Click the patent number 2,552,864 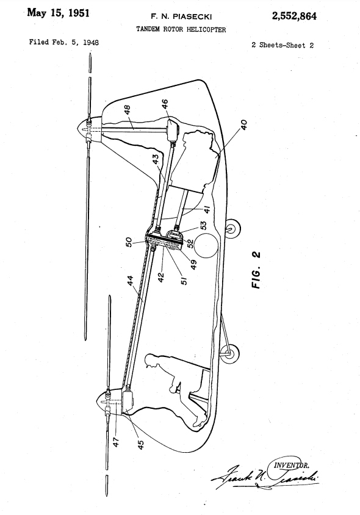click(294, 16)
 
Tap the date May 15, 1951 click(58, 13)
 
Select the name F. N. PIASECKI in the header click(181, 16)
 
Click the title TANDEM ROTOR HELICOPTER click(181, 29)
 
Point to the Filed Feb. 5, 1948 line click(63, 42)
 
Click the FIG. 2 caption click(256, 270)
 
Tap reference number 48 click(128, 109)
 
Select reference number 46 click(165, 104)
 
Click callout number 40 click(243, 125)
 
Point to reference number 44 click(131, 281)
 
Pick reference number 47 click(116, 442)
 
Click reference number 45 click(140, 445)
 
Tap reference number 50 click(129, 242)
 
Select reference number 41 click(207, 209)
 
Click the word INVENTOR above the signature click(291, 465)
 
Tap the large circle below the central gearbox click(206, 245)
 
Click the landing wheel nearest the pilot click(229, 353)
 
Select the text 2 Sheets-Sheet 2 click(283, 45)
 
